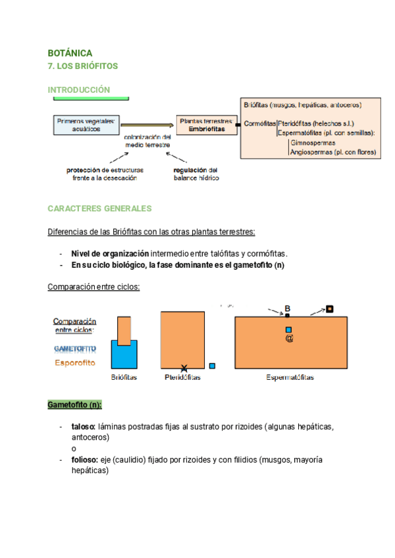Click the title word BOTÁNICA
[70, 53]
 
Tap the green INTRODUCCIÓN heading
[78, 89]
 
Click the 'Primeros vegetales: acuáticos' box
[86, 125]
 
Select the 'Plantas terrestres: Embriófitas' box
[206, 125]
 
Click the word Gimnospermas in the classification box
[312, 143]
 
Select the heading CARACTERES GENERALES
[99, 209]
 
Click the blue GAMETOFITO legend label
[74, 348]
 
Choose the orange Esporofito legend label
[74, 363]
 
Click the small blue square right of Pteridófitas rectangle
[212, 366]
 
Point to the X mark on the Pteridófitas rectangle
[184, 368]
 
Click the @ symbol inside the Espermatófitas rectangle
[288, 338]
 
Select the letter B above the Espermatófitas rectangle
[287, 308]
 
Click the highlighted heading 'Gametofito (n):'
[74, 404]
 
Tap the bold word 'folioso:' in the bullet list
[84, 459]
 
